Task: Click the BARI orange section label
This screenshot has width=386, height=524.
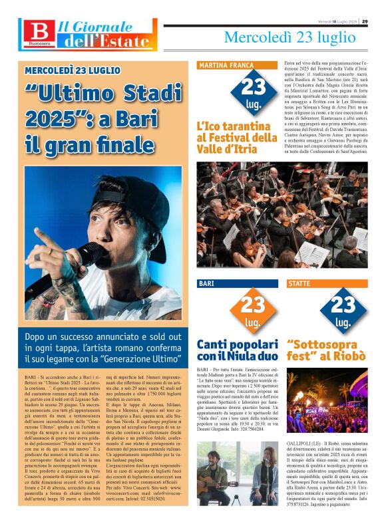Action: click(206, 283)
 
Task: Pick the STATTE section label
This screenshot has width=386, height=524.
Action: click(299, 283)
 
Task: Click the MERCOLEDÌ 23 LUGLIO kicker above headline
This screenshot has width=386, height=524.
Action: click(73, 70)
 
